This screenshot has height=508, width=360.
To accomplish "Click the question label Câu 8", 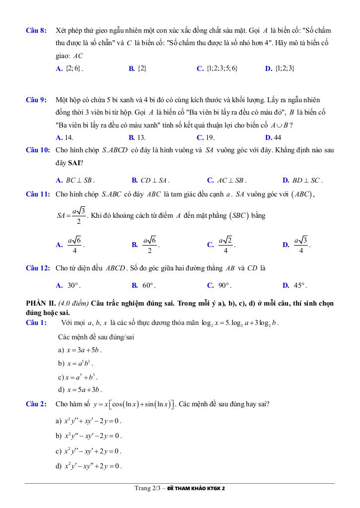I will coord(36,31).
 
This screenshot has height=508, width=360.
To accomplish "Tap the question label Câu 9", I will coord(36,100).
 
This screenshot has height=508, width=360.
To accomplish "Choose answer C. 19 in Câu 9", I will coord(206,137).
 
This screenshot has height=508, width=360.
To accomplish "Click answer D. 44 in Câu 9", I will coord(273,137).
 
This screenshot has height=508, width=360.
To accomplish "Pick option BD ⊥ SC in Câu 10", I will coord(302,181).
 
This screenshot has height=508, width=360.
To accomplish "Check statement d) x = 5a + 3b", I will coord(80,389).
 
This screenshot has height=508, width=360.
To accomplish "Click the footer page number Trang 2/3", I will coord(148,488).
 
